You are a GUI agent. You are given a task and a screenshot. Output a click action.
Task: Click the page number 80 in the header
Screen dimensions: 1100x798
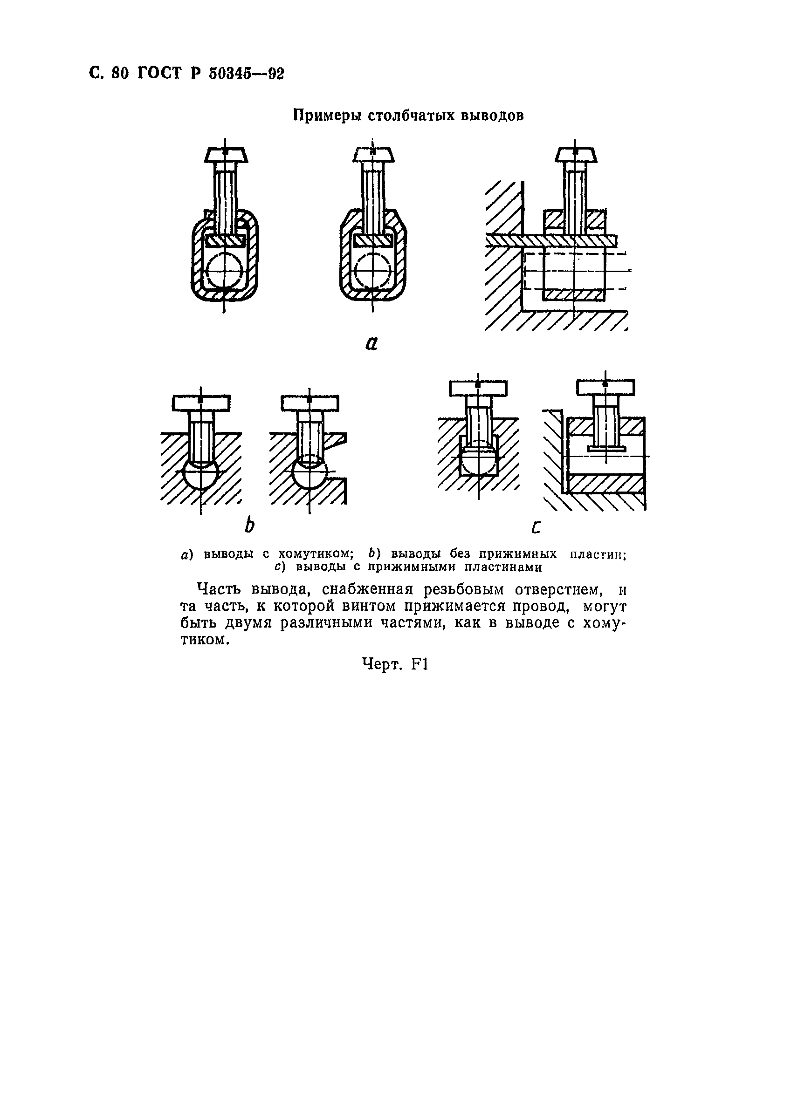pyautogui.click(x=119, y=73)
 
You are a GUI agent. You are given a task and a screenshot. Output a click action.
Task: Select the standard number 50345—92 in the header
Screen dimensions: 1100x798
pyautogui.click(x=247, y=73)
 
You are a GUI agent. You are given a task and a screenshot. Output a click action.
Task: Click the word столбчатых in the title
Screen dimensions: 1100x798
pyautogui.click(x=413, y=116)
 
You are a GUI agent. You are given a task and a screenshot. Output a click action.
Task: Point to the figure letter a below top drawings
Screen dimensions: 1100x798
pyautogui.click(x=371, y=343)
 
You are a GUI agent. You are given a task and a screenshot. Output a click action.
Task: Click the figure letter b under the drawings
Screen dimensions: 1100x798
pyautogui.click(x=249, y=525)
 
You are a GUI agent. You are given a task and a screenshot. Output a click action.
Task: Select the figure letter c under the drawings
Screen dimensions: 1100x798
pyautogui.click(x=536, y=527)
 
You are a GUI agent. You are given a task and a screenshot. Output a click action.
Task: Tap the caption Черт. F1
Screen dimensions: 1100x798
pyautogui.click(x=395, y=664)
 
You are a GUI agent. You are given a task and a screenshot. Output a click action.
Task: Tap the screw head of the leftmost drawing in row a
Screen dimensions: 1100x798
pyautogui.click(x=226, y=155)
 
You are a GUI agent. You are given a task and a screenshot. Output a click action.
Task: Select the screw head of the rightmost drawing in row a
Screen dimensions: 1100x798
pyautogui.click(x=576, y=155)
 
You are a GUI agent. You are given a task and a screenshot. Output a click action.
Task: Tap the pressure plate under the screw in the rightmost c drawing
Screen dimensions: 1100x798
pyautogui.click(x=606, y=449)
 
